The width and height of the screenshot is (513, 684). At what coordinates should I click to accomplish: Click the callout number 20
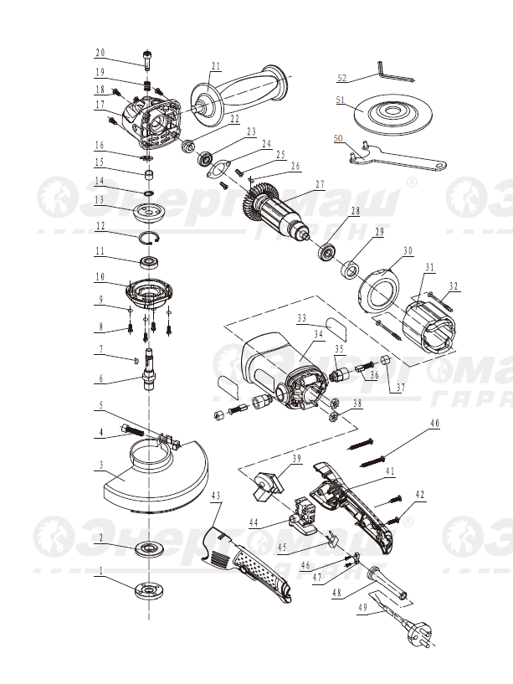coord(100,51)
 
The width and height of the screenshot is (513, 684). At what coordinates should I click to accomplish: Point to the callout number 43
coord(216,496)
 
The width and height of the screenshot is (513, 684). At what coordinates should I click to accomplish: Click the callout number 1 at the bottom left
coord(100,573)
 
